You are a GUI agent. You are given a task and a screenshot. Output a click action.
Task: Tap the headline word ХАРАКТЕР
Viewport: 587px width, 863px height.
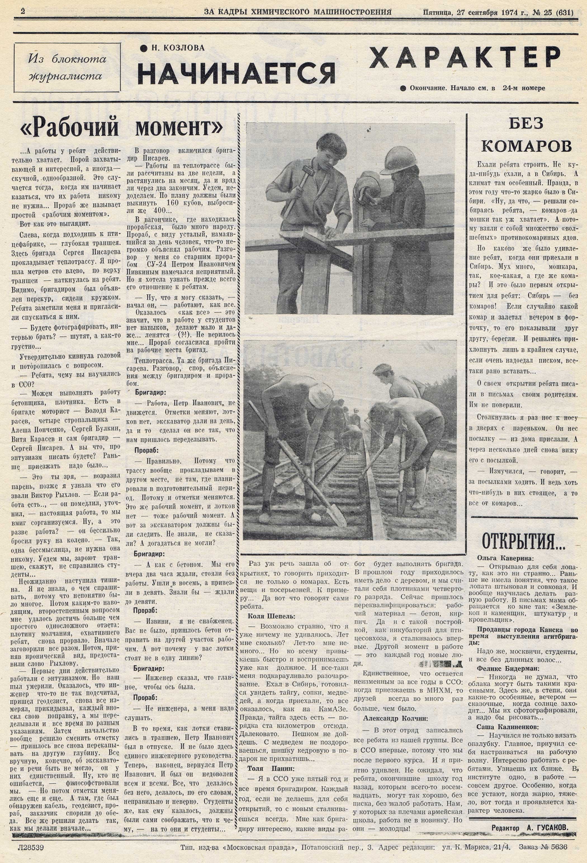465,58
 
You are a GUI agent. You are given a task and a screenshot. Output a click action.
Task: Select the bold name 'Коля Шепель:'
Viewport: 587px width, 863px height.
272,616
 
